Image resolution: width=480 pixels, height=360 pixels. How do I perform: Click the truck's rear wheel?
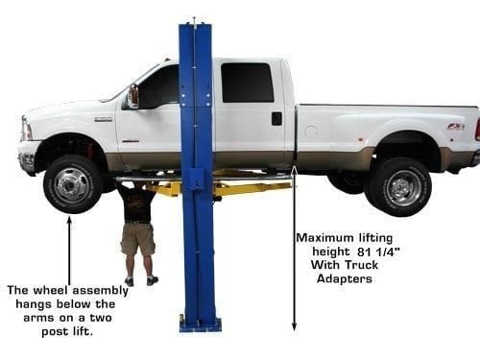400,187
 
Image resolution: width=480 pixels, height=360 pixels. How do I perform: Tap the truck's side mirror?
133,96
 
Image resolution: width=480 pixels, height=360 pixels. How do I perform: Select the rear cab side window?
248,83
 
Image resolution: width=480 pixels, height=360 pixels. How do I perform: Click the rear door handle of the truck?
276,118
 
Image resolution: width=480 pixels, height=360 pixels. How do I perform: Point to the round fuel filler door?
311,132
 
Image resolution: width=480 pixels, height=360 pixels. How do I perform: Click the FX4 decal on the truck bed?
456,127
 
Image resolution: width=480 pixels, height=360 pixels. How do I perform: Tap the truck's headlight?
27,129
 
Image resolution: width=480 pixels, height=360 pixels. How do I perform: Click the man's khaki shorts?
138,238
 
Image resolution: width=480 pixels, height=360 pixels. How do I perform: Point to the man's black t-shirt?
136,204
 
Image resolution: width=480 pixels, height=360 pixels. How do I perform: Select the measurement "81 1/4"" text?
378,252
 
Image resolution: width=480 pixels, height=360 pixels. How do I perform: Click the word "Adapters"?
345,279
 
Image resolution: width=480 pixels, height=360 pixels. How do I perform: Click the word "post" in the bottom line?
55,332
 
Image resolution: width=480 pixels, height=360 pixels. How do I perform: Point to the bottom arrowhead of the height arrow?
294,326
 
